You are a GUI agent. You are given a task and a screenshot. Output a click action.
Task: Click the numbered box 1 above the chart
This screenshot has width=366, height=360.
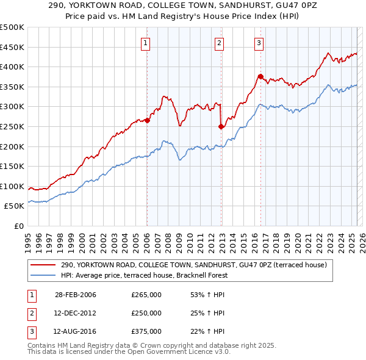pos(146,43)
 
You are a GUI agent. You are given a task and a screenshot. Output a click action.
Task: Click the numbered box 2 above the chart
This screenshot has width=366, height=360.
pos(219,43)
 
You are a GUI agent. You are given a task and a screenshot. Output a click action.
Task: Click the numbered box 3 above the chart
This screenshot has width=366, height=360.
pos(259,43)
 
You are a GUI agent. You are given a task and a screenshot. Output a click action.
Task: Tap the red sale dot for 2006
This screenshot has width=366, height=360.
pos(148,120)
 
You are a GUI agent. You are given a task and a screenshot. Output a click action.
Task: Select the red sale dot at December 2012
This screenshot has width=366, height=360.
pos(221,126)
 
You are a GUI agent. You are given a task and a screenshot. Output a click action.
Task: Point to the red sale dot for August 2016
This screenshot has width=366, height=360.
pos(260,76)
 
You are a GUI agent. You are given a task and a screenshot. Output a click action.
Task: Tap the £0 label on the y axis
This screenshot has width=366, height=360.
pos(19,226)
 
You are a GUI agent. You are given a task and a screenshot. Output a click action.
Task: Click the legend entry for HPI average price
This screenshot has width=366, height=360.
pos(143,275)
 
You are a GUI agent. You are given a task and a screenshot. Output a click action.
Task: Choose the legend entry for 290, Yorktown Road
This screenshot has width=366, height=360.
pos(194,265)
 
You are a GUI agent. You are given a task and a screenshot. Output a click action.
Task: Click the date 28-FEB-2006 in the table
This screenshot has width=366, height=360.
pos(76,295)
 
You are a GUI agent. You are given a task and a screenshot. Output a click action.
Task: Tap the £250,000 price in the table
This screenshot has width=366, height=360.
pos(146,313)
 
